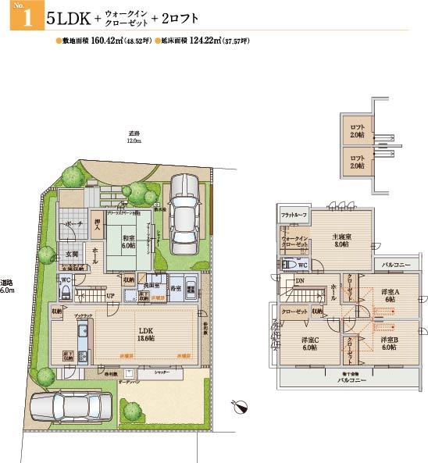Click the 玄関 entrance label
coord(71,254)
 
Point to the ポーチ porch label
coord(74,224)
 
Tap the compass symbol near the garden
coord(241,406)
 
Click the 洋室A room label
coord(390,296)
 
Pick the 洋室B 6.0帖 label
coord(390,344)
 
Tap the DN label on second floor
coord(299,282)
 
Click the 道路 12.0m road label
coord(134,137)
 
